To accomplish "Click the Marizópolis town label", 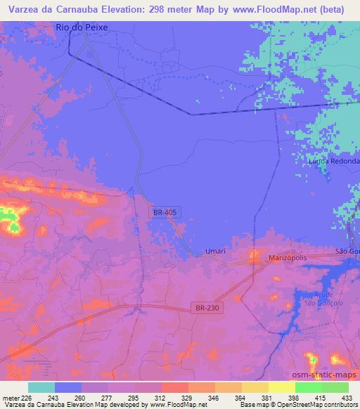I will coord(289,259).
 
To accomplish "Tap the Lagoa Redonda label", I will coord(334,161).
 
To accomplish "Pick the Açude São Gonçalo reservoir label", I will coord(318,298).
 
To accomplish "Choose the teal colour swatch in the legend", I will coord(41,387).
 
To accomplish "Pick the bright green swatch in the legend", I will coord(309,387).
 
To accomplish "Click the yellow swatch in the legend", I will coord(282,387).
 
